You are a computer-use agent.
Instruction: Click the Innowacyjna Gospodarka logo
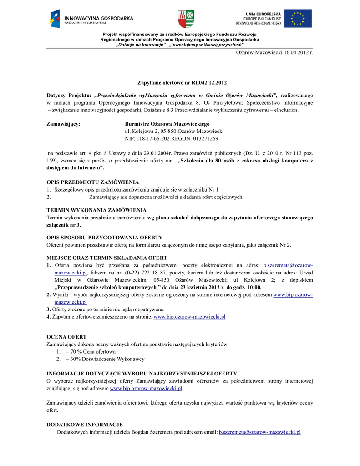point(91,19)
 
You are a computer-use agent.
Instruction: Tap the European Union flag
point(298,19)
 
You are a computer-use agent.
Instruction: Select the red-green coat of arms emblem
point(185,19)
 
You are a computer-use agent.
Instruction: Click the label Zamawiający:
point(64,124)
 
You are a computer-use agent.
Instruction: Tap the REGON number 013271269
point(203,138)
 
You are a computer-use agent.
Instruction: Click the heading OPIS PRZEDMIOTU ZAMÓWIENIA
point(93,182)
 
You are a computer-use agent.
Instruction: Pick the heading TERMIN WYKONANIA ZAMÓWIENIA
point(96,210)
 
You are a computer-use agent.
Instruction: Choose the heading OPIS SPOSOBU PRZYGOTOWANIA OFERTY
point(105,238)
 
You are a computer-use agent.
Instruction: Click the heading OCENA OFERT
point(66,337)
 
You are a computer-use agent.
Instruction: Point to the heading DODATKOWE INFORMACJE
point(85,425)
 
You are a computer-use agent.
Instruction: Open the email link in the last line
point(259,432)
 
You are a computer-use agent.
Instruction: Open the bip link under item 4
point(190,317)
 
